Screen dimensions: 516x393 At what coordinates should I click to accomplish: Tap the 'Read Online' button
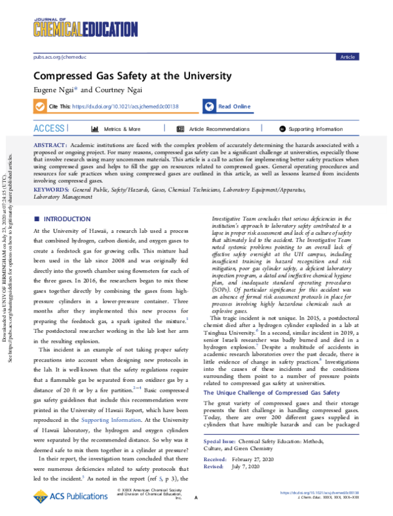tap(234, 106)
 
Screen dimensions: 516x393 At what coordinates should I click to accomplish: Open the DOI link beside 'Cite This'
tap(130, 106)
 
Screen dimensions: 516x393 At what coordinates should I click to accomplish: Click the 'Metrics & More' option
tap(122, 129)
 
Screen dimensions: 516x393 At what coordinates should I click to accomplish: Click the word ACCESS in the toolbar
tap(50, 128)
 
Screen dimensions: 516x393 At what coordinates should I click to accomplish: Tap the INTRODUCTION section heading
tap(66, 201)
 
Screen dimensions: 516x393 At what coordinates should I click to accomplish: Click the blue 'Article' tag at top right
tap(346, 57)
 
